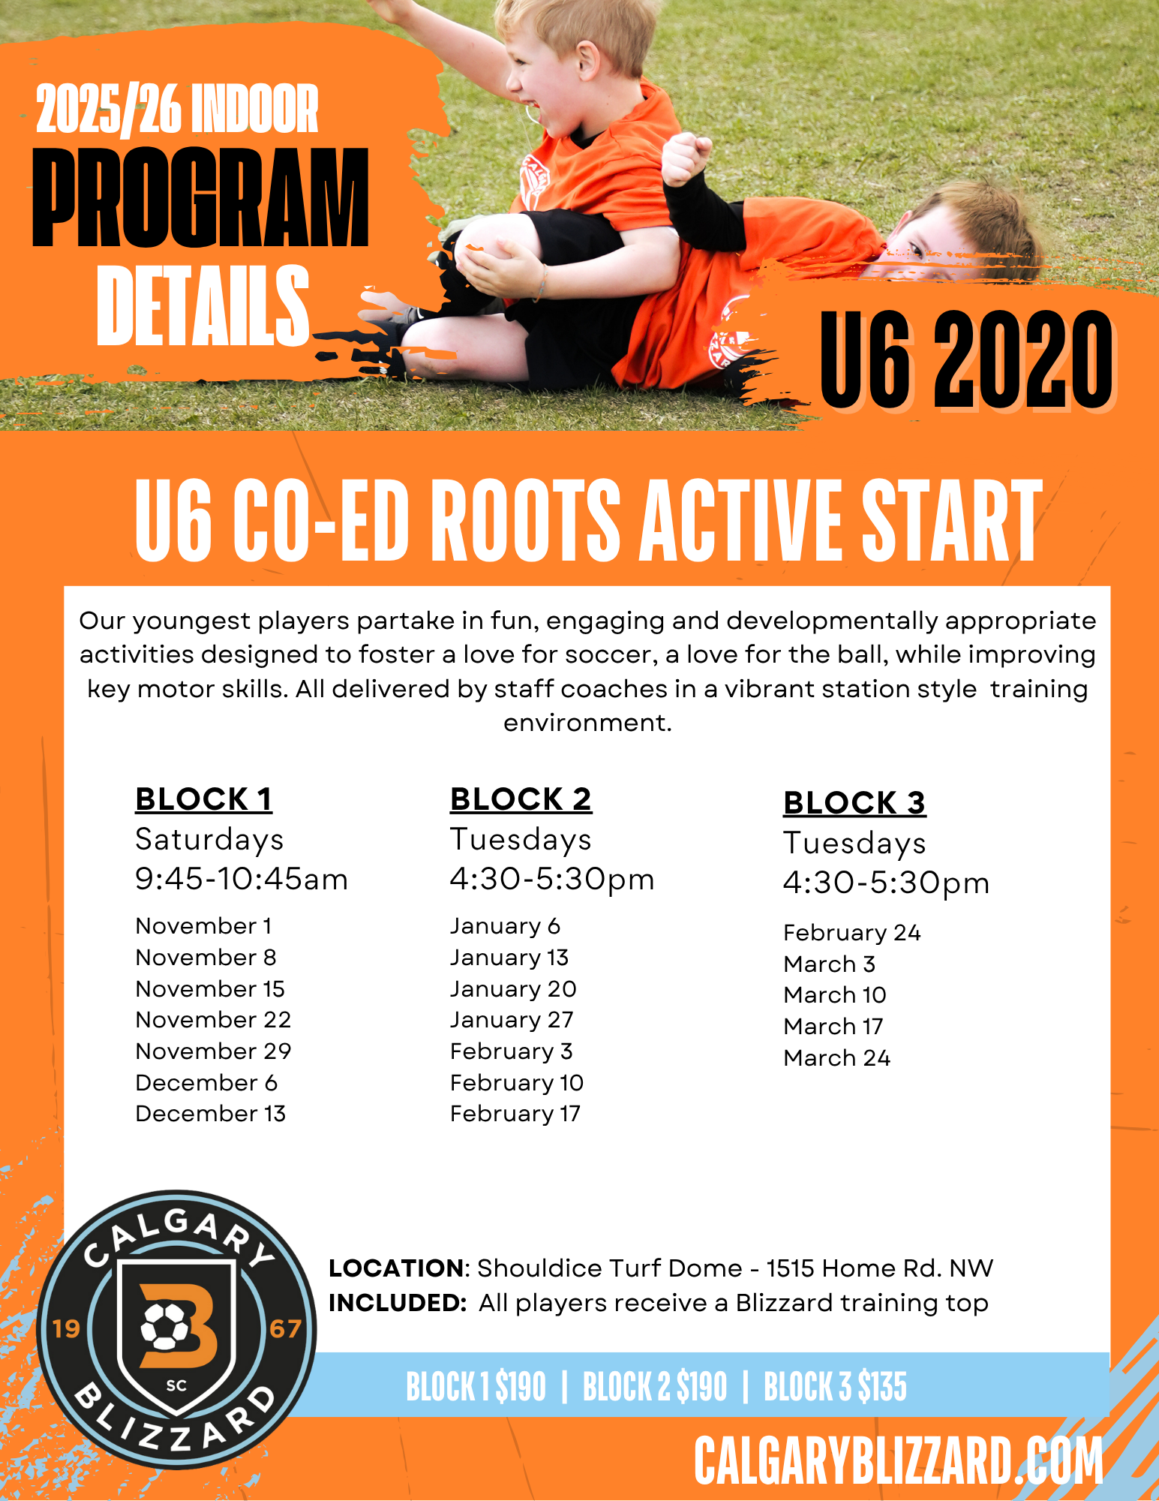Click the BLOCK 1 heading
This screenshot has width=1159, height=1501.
[203, 799]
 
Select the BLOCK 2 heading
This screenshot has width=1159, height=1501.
[521, 799]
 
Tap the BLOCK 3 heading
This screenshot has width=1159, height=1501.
[854, 803]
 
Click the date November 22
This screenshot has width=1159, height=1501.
[213, 1020]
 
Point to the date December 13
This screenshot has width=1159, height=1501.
[211, 1114]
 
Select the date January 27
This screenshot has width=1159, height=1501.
[512, 1021]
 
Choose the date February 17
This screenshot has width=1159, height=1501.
[515, 1114]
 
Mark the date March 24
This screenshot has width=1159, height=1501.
[836, 1058]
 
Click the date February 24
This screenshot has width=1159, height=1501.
[852, 933]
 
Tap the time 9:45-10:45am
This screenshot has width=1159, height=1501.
[242, 880]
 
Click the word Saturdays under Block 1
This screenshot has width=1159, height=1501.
[209, 841]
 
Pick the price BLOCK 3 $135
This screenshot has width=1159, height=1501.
[836, 1386]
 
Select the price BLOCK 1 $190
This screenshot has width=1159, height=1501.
[476, 1386]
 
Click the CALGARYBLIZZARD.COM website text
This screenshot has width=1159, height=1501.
[898, 1460]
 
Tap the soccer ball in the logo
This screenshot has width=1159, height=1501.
[165, 1325]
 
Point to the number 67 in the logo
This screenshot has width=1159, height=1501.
[285, 1329]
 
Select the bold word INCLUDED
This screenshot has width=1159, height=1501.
[398, 1303]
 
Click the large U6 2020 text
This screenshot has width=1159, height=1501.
[966, 360]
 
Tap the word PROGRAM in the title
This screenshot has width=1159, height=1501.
[200, 197]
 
